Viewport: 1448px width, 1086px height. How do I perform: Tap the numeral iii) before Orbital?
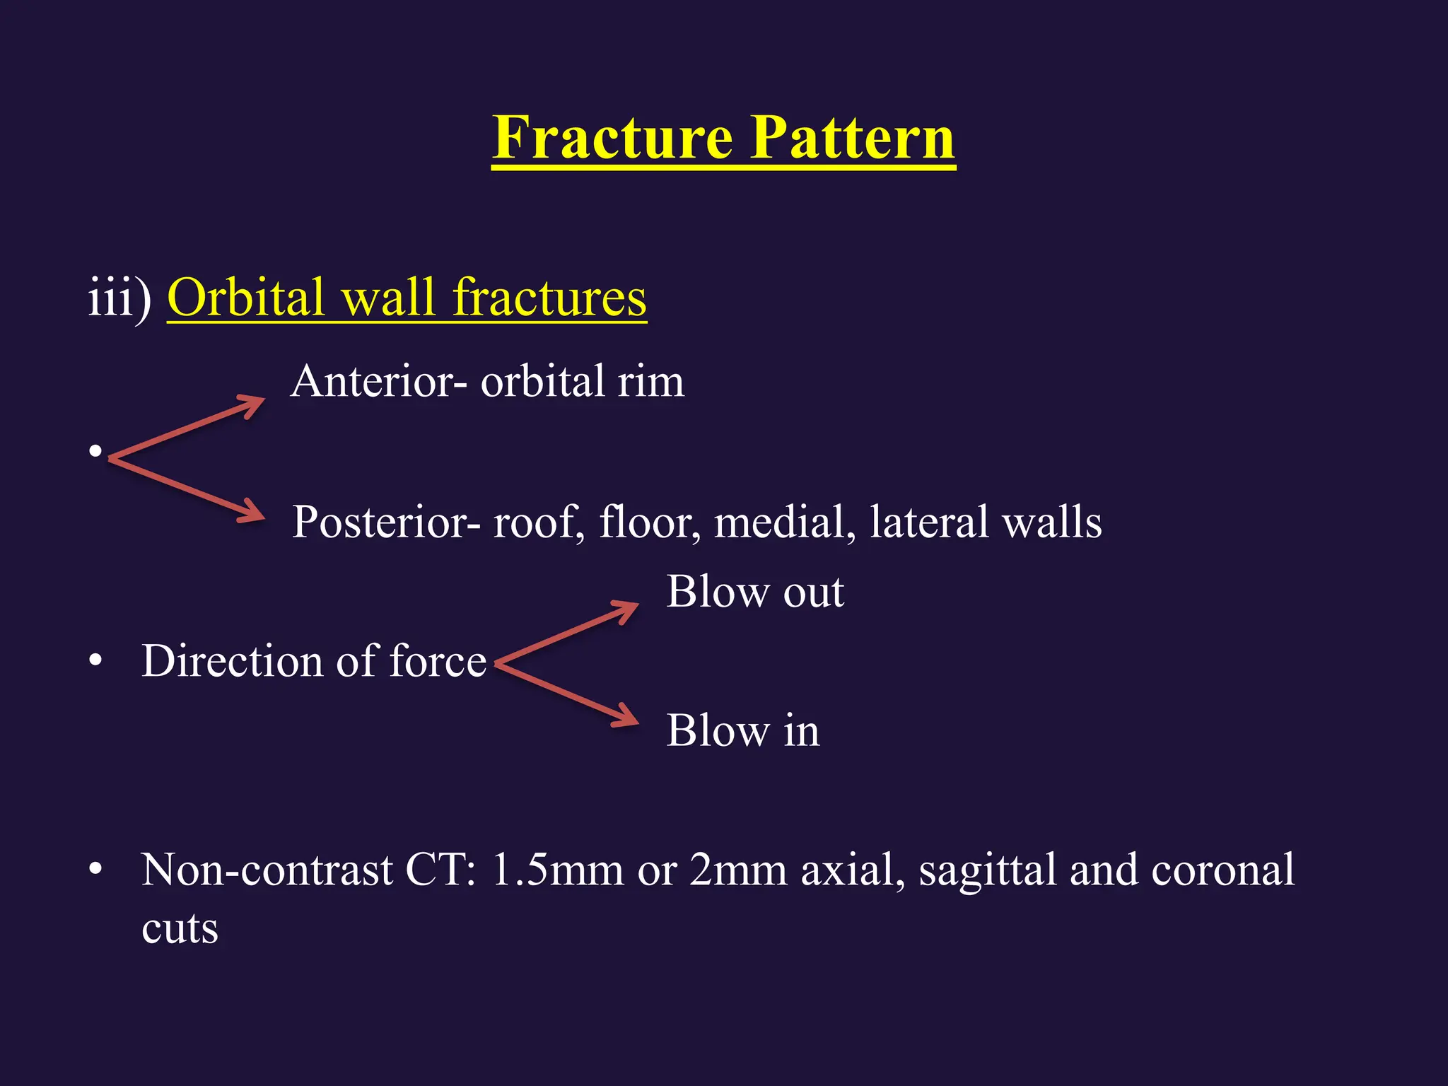[x=119, y=298]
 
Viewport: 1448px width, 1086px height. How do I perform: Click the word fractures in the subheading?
[x=549, y=298]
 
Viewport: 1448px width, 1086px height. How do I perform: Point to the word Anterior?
[x=372, y=382]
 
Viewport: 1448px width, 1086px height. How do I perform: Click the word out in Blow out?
[x=813, y=592]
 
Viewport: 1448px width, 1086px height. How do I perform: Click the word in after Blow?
[x=801, y=730]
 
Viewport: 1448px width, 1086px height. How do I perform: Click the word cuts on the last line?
[x=180, y=929]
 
